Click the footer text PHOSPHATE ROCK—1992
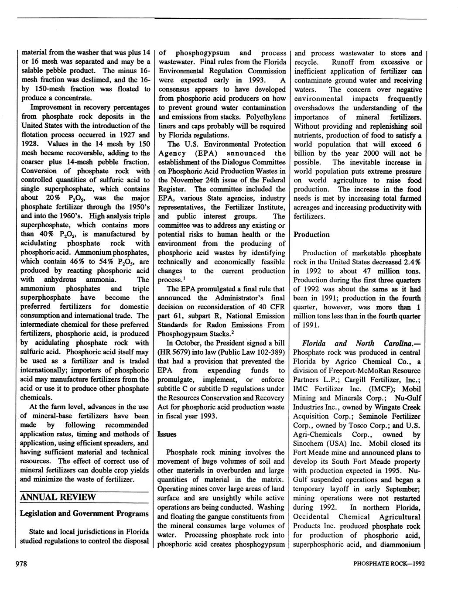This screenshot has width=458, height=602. (389, 564)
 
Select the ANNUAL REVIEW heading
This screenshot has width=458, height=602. (58, 497)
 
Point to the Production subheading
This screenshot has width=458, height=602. (311, 235)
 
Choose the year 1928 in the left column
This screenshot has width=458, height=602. (29, 144)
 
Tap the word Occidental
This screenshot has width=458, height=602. (311, 516)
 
